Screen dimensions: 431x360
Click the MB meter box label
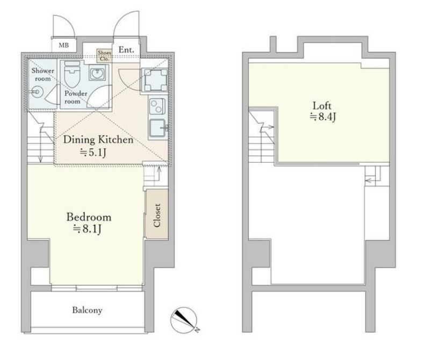(x=64, y=45)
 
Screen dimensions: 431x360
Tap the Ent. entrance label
(x=126, y=50)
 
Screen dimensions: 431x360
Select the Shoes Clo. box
(x=104, y=55)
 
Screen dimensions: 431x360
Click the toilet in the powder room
(x=71, y=74)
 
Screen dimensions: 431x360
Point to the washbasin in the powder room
(x=97, y=73)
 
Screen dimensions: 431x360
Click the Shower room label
(x=42, y=75)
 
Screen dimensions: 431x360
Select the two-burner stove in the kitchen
(x=157, y=106)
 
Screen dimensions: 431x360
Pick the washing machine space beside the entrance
(x=156, y=80)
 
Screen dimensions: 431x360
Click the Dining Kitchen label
(x=98, y=140)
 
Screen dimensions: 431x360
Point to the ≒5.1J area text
(x=92, y=153)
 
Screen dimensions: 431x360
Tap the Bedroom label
(x=89, y=217)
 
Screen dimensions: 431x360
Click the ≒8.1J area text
(x=88, y=229)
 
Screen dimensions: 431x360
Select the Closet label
(x=157, y=215)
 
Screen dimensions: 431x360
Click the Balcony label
(x=87, y=310)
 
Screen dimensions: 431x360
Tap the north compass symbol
(x=184, y=320)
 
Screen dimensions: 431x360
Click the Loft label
(x=322, y=106)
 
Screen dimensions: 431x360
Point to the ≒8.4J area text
(x=322, y=117)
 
